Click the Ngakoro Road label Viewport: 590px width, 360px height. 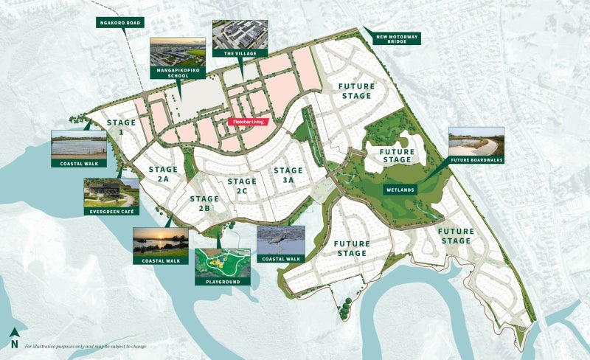pyautogui.click(x=119, y=23)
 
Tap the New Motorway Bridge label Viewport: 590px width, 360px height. pyautogui.click(x=397, y=38)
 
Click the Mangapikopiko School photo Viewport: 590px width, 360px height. pyautogui.click(x=178, y=52)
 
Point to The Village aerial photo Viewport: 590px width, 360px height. pyautogui.click(x=240, y=34)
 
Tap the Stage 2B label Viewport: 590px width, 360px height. pyautogui.click(x=204, y=203)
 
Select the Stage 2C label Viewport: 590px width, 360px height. pyautogui.click(x=242, y=186)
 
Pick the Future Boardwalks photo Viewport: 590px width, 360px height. pyautogui.click(x=476, y=142)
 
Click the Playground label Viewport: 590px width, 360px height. pyautogui.click(x=222, y=282)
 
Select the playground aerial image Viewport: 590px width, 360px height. pyautogui.click(x=222, y=262)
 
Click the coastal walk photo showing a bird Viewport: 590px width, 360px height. pyautogui.click(x=280, y=240)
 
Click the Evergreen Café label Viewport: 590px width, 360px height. pyautogui.click(x=111, y=212)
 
